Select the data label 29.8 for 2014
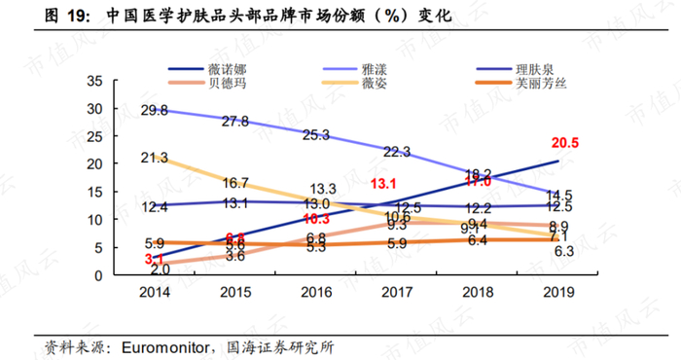click(x=154, y=110)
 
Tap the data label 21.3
click(x=154, y=157)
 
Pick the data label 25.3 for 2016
click(x=315, y=134)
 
